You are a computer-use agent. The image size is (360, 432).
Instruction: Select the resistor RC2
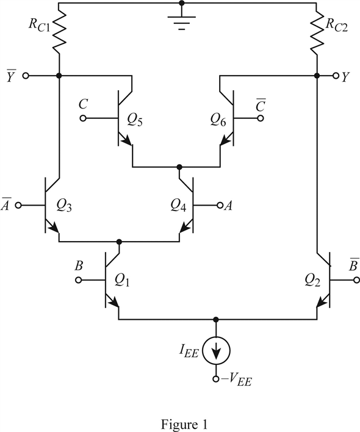317,32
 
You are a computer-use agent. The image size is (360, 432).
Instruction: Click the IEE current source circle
216,351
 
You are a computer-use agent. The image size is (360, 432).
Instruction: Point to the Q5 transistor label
135,120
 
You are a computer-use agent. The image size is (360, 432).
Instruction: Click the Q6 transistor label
218,120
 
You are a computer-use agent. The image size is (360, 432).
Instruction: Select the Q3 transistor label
64,206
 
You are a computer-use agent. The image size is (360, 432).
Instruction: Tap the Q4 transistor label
178,206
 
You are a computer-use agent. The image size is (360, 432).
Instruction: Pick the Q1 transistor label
122,281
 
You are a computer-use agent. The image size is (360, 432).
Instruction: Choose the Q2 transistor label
312,281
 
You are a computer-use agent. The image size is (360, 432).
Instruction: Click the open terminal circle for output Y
336,76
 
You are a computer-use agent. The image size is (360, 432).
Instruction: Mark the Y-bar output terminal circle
26,76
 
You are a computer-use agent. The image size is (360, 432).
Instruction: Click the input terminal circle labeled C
83,118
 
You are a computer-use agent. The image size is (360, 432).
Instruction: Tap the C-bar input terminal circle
261,118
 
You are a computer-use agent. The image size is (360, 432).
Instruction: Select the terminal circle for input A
220,205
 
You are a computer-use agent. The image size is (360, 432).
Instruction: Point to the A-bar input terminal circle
18,205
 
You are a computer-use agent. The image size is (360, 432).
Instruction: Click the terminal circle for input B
79,280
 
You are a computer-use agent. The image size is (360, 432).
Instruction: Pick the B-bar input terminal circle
356,280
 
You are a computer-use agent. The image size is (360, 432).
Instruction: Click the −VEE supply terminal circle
216,379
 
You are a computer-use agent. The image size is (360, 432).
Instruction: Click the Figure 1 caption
184,424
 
